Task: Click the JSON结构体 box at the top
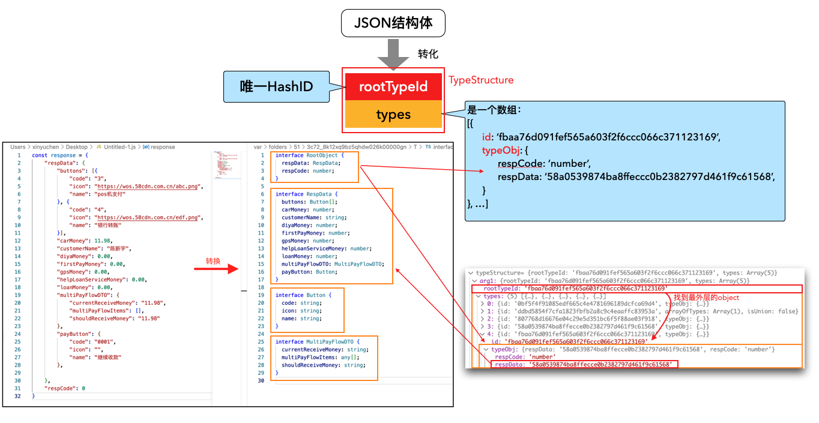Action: [394, 24]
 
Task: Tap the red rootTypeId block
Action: [393, 87]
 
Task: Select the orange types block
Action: [393, 115]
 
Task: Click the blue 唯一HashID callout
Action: [276, 86]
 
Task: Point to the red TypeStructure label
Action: [481, 80]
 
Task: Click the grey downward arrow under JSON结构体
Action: [393, 53]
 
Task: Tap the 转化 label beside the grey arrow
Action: [428, 54]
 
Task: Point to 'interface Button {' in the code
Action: [302, 295]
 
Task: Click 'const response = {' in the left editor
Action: [61, 155]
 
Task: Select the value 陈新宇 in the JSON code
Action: [116, 248]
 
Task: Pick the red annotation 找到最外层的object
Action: [706, 298]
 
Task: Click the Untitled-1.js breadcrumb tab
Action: [120, 146]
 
